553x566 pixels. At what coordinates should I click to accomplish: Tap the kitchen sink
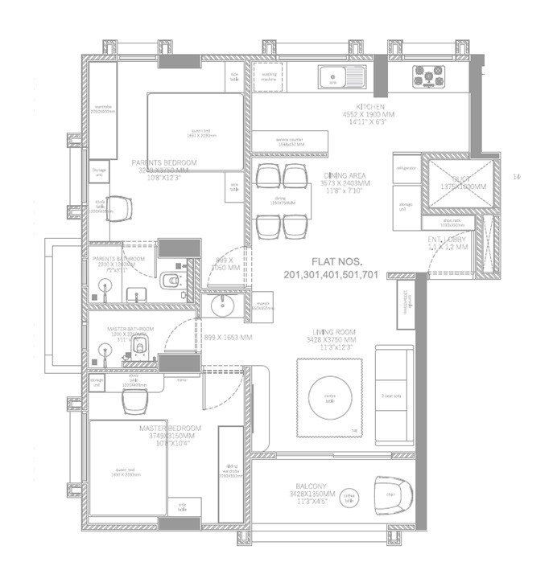point(332,80)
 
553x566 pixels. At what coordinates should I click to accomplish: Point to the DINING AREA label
point(345,174)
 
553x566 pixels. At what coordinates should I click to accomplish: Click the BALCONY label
point(310,486)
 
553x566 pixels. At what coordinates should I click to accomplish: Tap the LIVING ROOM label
point(335,331)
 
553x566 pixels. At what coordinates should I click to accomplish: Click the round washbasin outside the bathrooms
point(217,306)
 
